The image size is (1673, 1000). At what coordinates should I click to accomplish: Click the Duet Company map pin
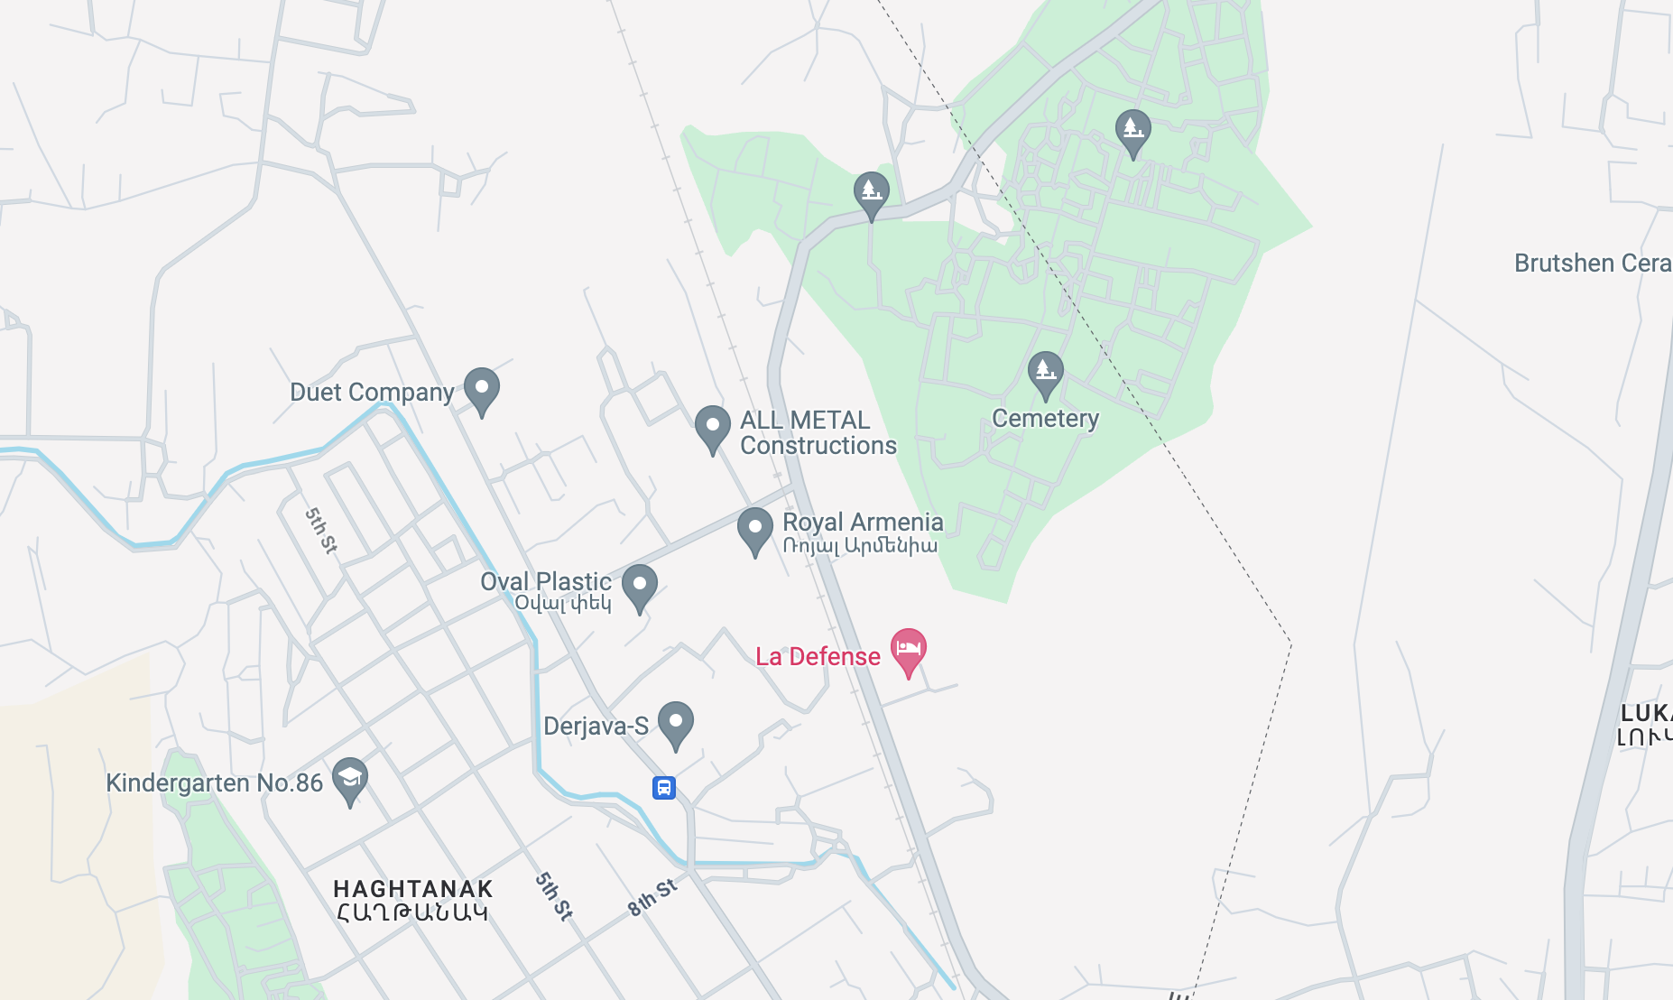[x=482, y=390]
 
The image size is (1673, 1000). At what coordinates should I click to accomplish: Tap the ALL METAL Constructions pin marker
[x=712, y=427]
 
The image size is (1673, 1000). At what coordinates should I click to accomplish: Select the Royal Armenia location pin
[x=754, y=529]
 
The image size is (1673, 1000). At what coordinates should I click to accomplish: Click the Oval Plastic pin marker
[x=640, y=586]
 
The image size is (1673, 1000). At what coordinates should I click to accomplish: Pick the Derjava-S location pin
[x=675, y=723]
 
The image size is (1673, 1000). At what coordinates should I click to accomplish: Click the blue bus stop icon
[x=664, y=788]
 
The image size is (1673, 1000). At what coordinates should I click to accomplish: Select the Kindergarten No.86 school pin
[x=350, y=778]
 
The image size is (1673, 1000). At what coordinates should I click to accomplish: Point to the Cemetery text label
[x=1045, y=419]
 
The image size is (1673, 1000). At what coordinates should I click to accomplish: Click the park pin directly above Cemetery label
[x=1045, y=372]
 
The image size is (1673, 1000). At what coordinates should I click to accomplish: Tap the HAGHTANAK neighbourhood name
[x=413, y=889]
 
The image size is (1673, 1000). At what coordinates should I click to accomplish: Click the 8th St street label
[x=652, y=898]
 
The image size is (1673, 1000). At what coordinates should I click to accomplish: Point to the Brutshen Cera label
[x=1592, y=264]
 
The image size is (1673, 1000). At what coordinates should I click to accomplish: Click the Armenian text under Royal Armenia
[x=860, y=546]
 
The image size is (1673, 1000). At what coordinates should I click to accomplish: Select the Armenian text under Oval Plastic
[x=563, y=603]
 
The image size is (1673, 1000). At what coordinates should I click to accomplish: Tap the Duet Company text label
[x=372, y=393]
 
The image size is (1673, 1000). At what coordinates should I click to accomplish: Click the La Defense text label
[x=818, y=657]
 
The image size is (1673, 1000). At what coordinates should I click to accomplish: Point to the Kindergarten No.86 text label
[x=215, y=782]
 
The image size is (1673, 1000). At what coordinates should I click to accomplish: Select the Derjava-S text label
[x=596, y=727]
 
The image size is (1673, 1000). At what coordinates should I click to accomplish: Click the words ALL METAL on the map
[x=805, y=421]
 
